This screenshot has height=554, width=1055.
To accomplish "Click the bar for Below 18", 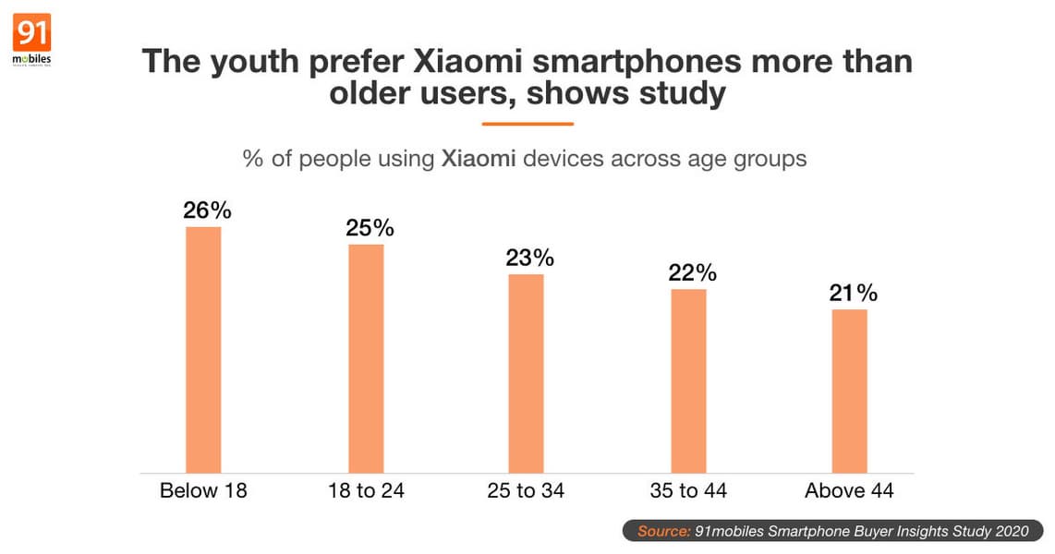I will click(203, 350).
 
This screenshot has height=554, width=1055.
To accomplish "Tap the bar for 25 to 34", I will click(526, 373).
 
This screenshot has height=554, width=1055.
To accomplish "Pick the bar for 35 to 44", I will click(688, 380).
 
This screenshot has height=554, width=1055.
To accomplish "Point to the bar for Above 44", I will click(849, 391).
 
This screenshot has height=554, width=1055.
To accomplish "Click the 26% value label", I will click(206, 211).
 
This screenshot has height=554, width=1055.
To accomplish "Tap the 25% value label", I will click(370, 227).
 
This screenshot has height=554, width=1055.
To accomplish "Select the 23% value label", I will click(529, 258).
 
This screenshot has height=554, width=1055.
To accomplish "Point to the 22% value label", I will click(692, 273).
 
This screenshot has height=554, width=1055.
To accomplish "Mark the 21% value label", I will click(853, 294).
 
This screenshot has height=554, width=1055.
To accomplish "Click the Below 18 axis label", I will click(203, 490).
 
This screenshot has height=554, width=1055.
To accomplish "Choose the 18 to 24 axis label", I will click(366, 490).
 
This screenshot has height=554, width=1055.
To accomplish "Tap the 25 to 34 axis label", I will click(527, 490).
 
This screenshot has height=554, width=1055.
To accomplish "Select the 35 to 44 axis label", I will click(688, 490).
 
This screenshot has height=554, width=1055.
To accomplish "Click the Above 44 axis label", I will click(849, 490).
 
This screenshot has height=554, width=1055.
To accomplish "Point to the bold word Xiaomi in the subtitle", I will click(479, 159).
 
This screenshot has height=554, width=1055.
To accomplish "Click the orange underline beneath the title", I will click(527, 124).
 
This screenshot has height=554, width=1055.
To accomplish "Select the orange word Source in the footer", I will click(663, 531).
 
